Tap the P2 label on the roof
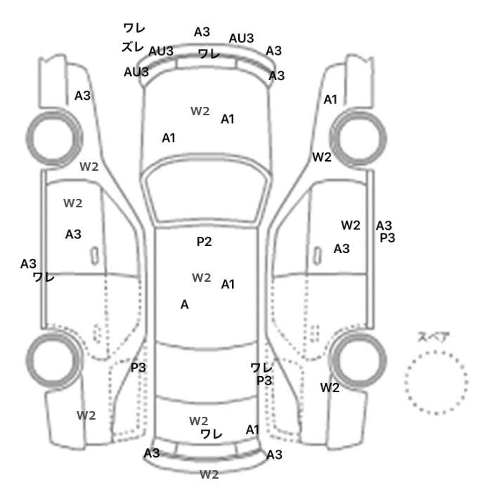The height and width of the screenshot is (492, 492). [x=204, y=242]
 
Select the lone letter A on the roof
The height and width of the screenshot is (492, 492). [x=185, y=305]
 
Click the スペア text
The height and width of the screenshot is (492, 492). [x=434, y=337]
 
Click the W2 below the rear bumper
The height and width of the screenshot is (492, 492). [x=209, y=474]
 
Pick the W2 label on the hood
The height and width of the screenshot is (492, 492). [x=200, y=111]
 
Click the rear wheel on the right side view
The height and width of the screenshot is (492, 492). [x=359, y=358]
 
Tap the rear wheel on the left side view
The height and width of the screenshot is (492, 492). [x=53, y=358]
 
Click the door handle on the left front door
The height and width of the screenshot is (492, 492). [x=93, y=254]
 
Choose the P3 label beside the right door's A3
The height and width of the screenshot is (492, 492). [x=387, y=238]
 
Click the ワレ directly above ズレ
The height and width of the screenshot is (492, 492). [x=134, y=28]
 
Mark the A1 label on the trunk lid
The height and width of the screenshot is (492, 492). [x=253, y=429]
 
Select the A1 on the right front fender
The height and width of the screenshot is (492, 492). [x=330, y=100]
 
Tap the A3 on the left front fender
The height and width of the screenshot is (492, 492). [x=83, y=96]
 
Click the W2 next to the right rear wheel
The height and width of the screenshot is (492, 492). [x=330, y=387]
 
